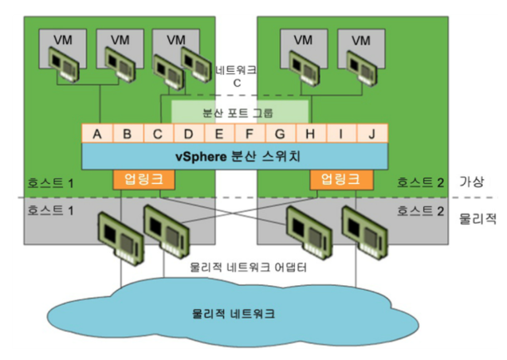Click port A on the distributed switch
coord(97,134)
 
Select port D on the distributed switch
coord(189,134)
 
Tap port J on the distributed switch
coord(371,134)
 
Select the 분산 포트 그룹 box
coord(240,112)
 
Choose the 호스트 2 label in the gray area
coord(417,211)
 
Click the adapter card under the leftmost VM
coord(63,64)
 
